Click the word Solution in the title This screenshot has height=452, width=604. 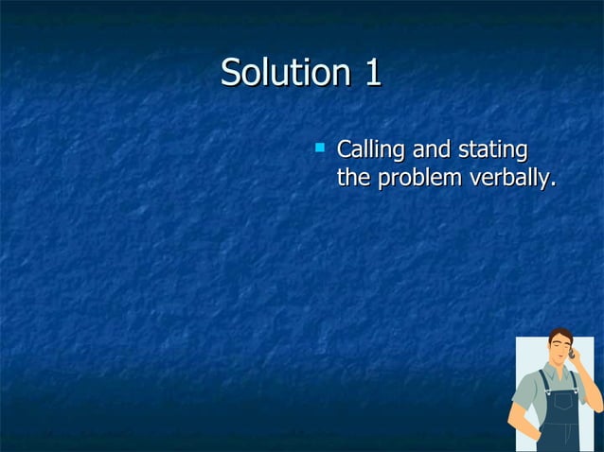point(275,73)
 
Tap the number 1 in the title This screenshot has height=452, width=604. point(370,73)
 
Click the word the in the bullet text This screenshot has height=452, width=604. point(354,178)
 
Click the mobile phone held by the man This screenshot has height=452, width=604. point(572,354)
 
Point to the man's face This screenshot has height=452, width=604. point(559,352)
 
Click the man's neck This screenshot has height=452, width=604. point(557,366)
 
